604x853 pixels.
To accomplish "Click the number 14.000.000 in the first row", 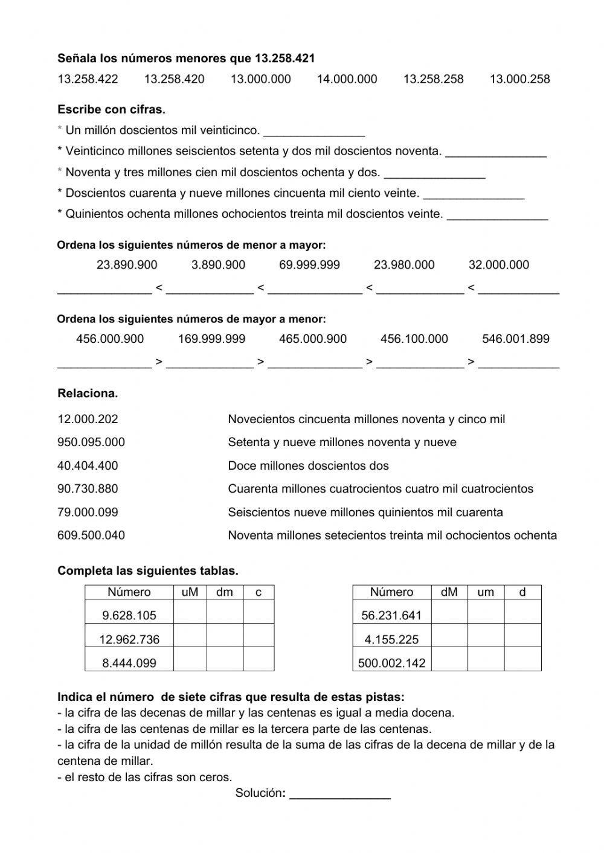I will point(347,79).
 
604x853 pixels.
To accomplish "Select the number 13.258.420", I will point(174,79).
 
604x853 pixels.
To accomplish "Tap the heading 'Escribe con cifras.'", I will point(111,110).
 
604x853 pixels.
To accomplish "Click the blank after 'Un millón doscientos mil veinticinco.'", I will point(313,132).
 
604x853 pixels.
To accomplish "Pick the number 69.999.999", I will point(309,265).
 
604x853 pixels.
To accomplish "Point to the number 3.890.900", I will point(218,265).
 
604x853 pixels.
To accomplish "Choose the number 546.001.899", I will point(515,339).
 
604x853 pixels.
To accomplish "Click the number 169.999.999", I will point(211,339).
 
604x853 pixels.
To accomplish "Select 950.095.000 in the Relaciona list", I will point(91,442).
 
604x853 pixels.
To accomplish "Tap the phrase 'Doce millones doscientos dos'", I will point(308,466).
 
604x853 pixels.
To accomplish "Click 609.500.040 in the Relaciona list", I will point(91,535).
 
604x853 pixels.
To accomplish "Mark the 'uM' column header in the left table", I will point(190,592).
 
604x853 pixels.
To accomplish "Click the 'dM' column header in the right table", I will point(449,592).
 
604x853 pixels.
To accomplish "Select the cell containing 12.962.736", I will point(129,639).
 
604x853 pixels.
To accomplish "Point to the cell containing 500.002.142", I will point(391,663).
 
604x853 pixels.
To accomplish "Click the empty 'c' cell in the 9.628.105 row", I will point(259,615).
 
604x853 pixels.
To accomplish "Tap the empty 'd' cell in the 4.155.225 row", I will point(522,639).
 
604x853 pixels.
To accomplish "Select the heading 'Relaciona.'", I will point(88,394).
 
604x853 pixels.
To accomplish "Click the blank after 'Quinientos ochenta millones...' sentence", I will point(497,216).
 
